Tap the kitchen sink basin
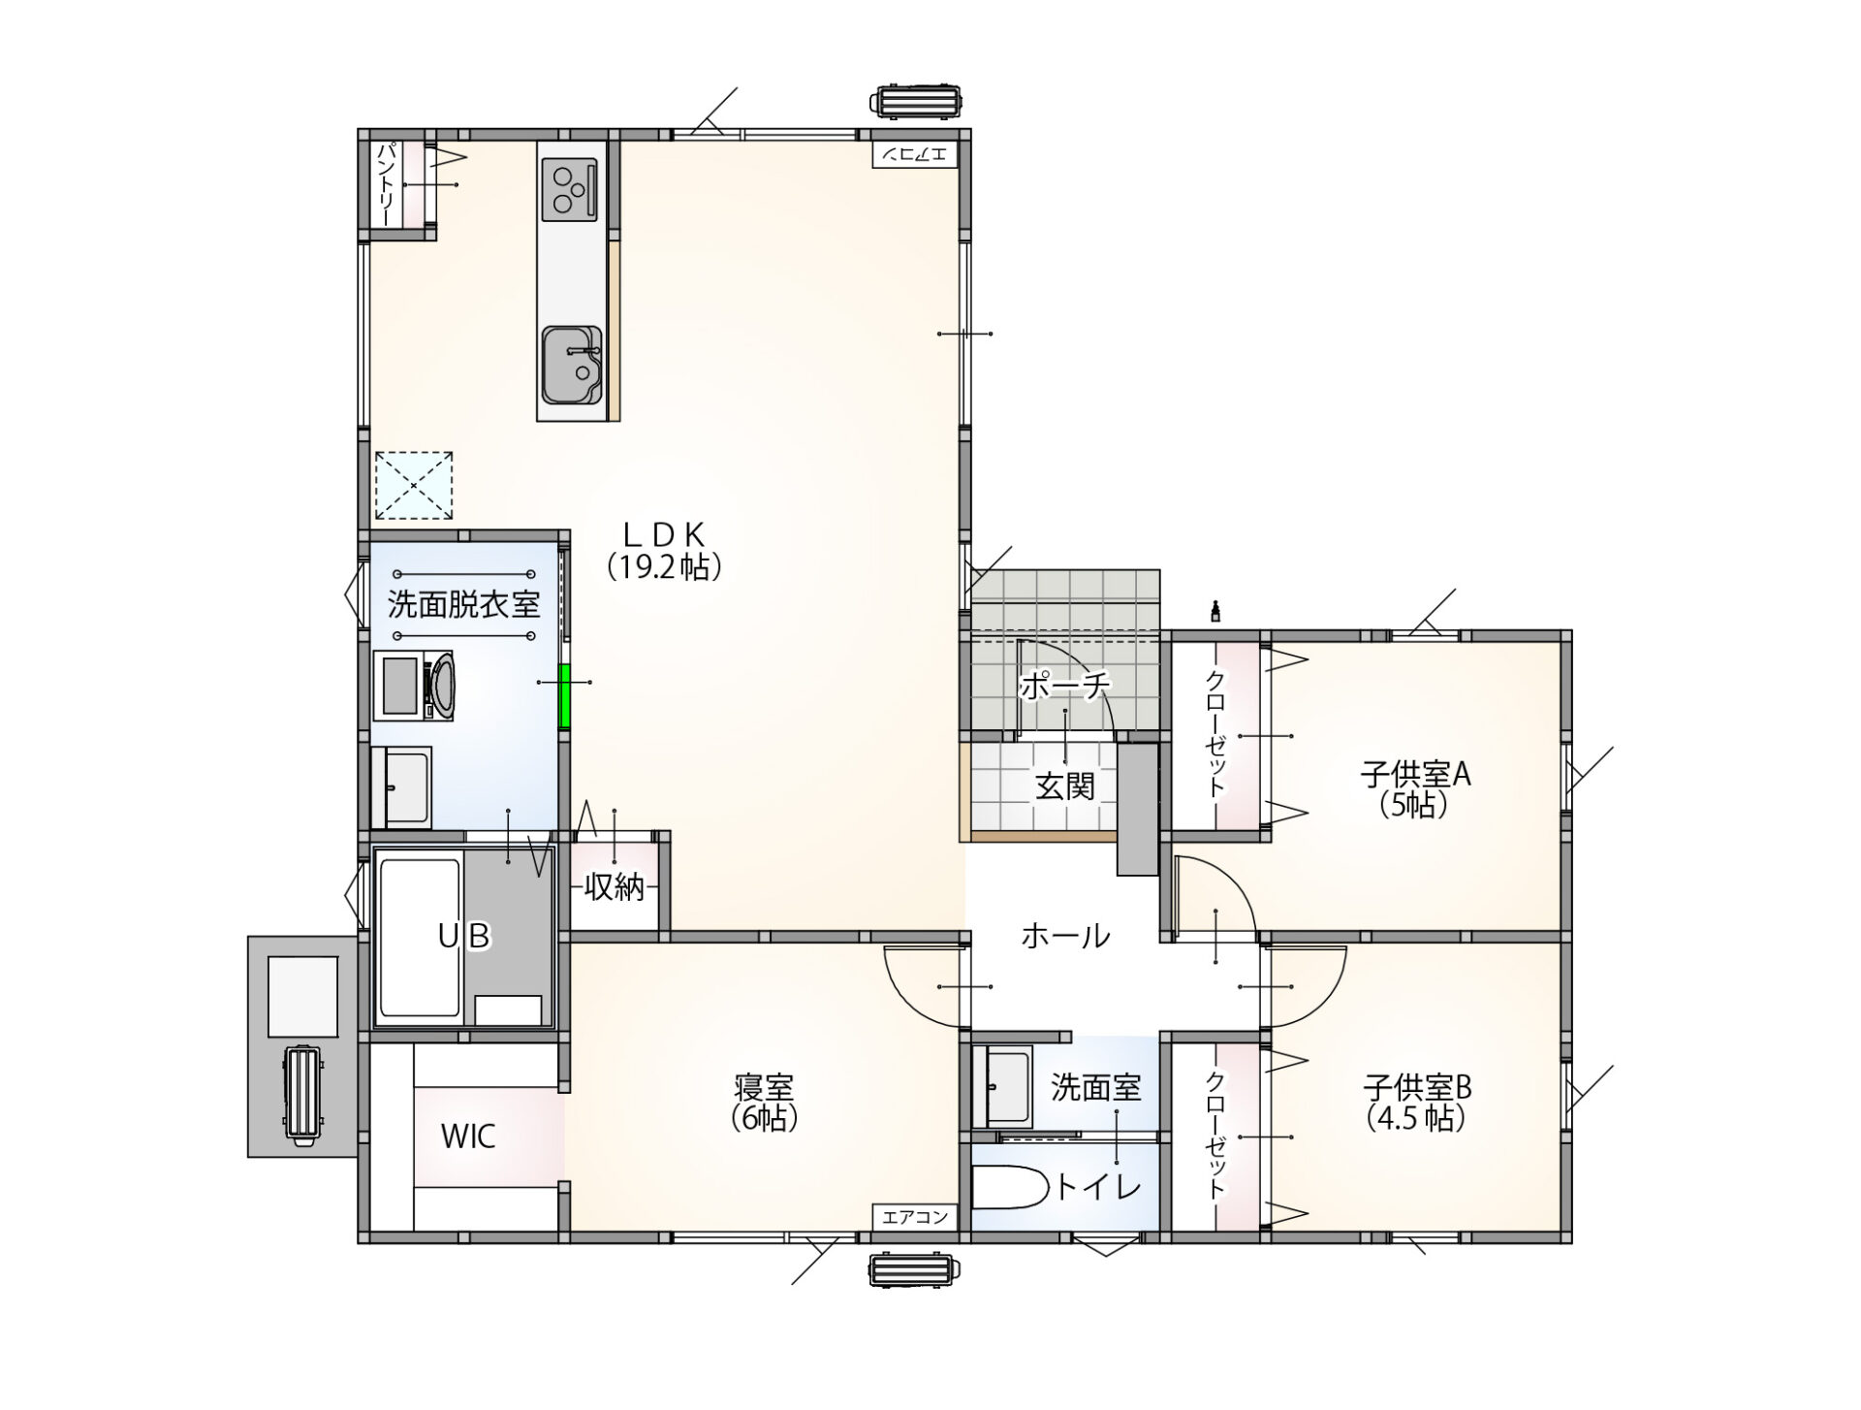[572, 365]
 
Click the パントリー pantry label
[386, 184]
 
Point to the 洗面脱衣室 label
[463, 604]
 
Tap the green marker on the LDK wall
[564, 696]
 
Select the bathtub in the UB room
[419, 938]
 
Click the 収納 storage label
[615, 886]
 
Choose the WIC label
[468, 1136]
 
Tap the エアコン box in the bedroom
[915, 1217]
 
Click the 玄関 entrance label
[1064, 785]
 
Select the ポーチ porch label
[1064, 685]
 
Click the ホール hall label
[1064, 936]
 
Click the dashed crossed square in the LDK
[414, 485]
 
